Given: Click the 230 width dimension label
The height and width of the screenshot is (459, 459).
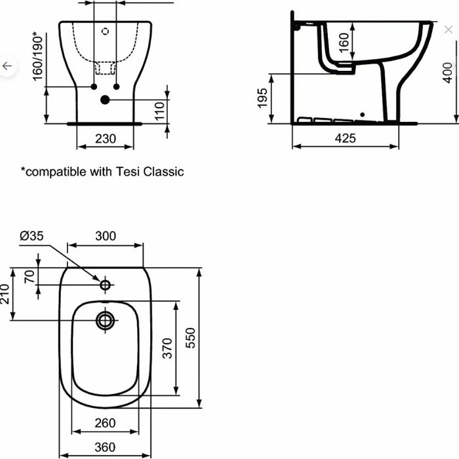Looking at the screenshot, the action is (x=106, y=138).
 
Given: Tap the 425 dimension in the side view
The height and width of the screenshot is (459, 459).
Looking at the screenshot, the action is (x=346, y=138).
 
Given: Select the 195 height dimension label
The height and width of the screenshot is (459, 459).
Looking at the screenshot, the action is (x=262, y=98).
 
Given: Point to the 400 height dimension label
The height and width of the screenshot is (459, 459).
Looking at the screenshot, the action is (x=448, y=73).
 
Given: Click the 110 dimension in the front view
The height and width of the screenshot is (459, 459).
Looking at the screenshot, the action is (x=159, y=111).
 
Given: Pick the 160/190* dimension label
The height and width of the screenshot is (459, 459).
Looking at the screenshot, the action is (x=38, y=56).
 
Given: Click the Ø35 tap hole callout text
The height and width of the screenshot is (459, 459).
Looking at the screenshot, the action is (x=31, y=235).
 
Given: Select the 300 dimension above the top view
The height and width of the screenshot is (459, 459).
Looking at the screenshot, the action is (x=106, y=235).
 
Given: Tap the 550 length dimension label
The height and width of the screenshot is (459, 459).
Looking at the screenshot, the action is (x=190, y=338).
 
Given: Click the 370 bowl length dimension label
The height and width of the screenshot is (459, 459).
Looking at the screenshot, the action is (x=167, y=348).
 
